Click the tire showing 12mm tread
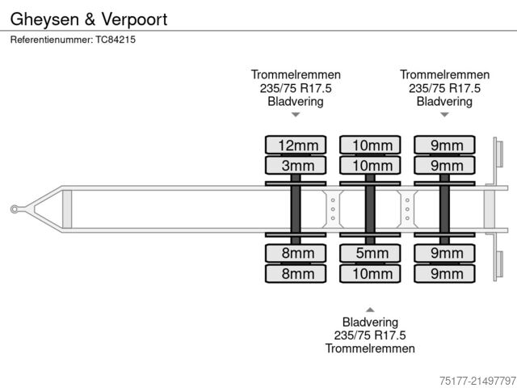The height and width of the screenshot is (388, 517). tap(296, 145)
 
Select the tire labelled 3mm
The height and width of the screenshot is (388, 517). tap(296, 167)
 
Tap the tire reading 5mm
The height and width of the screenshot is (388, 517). tap(371, 253)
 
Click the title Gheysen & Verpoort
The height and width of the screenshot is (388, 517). tap(89, 19)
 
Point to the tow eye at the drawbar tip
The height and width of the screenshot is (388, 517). tap(15, 209)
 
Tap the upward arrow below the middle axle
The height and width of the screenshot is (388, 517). tap(370, 310)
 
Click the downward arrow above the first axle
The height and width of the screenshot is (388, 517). tap(296, 115)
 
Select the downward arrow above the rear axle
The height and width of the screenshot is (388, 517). tap(444, 115)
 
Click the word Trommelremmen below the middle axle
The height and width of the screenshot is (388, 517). tap(370, 348)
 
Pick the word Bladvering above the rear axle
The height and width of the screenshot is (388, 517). tap(444, 101)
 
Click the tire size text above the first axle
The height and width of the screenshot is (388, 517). tap(296, 88)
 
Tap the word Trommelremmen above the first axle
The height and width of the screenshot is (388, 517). tap(296, 74)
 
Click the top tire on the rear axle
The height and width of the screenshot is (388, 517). tap(445, 145)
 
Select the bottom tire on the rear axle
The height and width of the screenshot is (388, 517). tap(445, 274)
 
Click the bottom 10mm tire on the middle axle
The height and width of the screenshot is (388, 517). tap(371, 274)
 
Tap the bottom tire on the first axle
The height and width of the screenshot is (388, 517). tap(296, 274)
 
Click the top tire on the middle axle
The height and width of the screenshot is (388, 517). tap(371, 145)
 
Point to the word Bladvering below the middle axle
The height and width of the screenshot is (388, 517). tap(370, 322)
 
